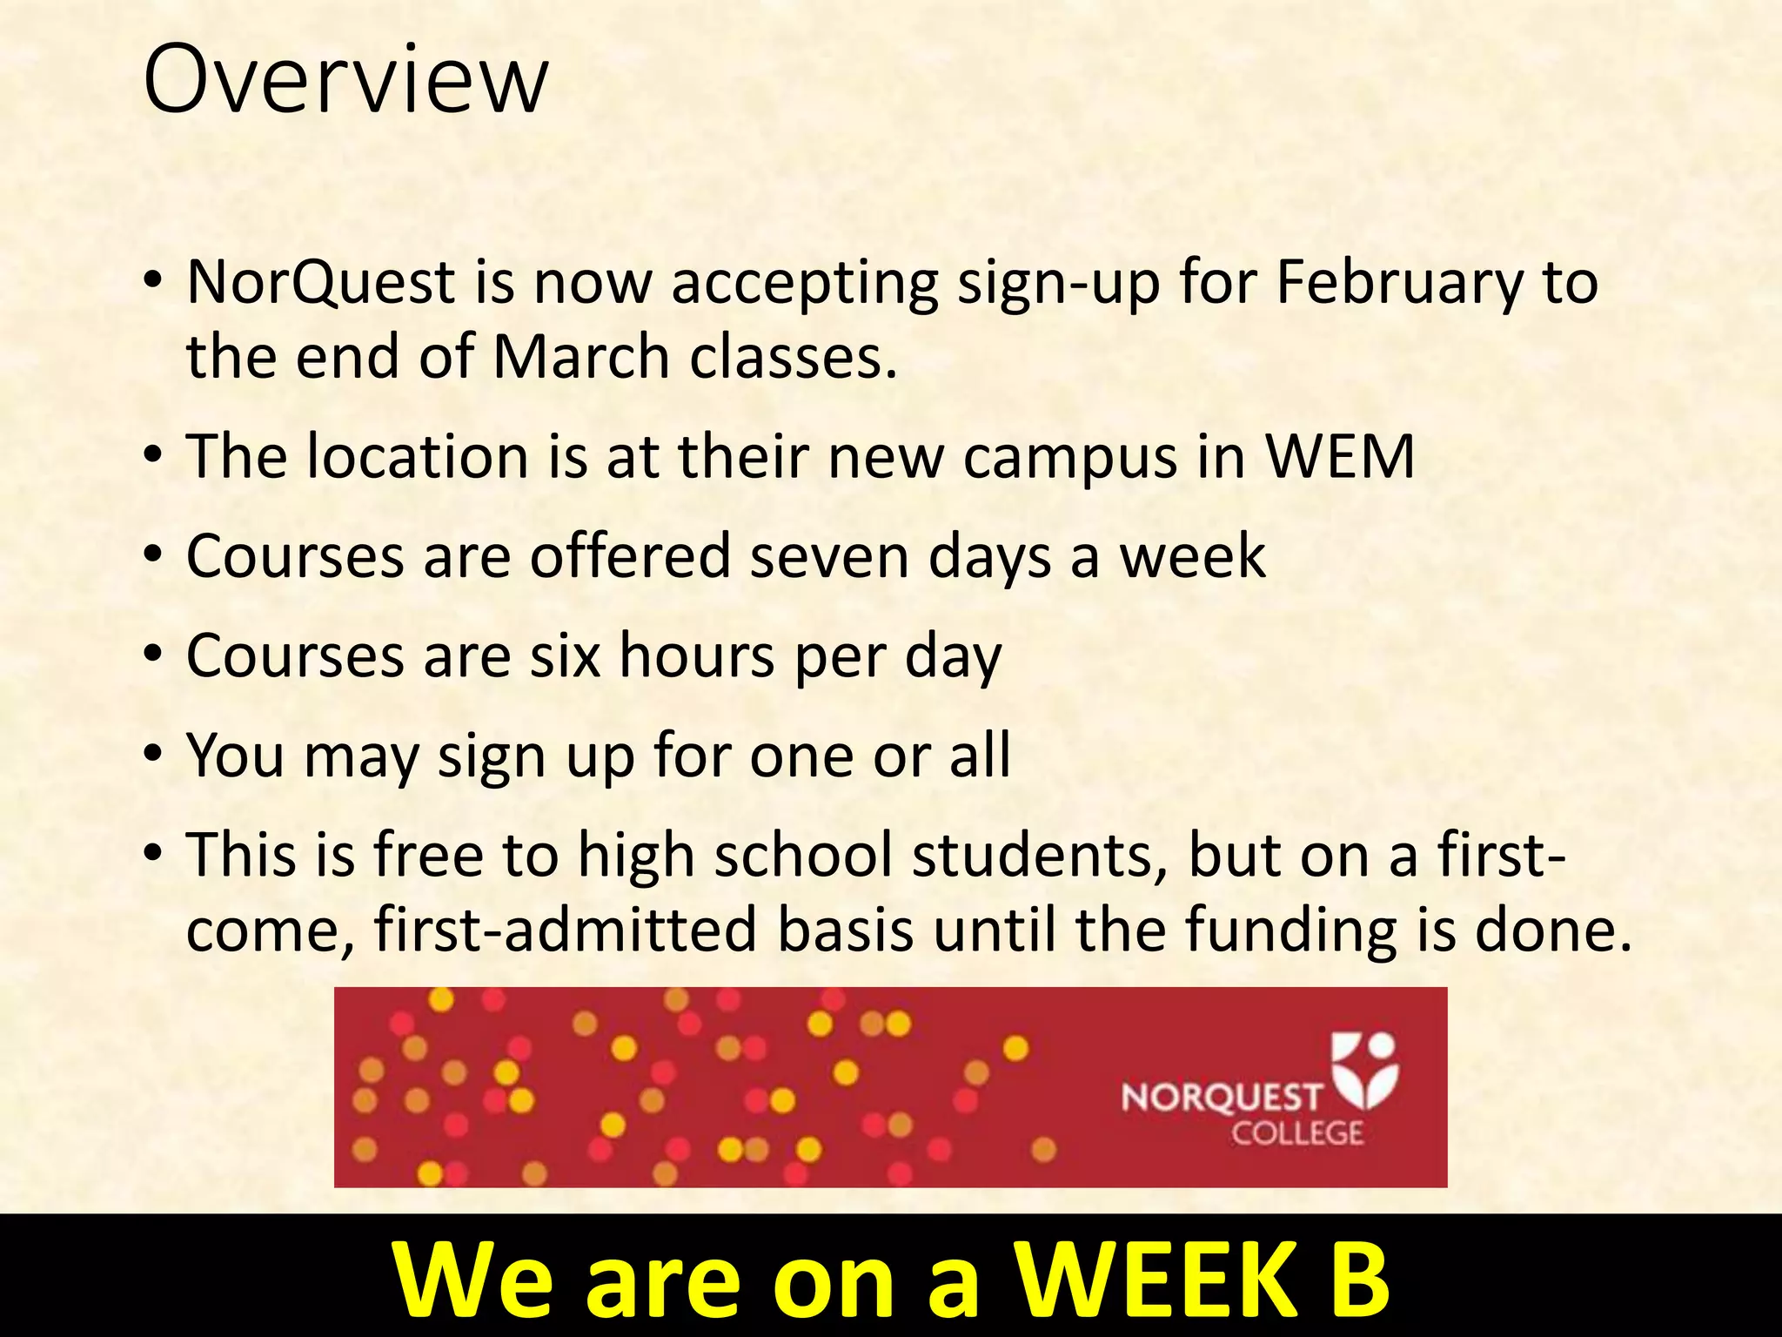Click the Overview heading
coord(345,80)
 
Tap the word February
coord(1400,283)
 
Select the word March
coord(580,357)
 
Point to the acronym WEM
coord(1340,456)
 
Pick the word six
coord(566,655)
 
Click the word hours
coord(696,655)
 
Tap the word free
coord(427,855)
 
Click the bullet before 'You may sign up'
coord(154,754)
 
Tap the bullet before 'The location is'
coord(154,456)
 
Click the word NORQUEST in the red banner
coord(1221,1098)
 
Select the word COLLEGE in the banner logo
coord(1296,1133)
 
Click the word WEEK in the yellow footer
coord(1157,1280)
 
